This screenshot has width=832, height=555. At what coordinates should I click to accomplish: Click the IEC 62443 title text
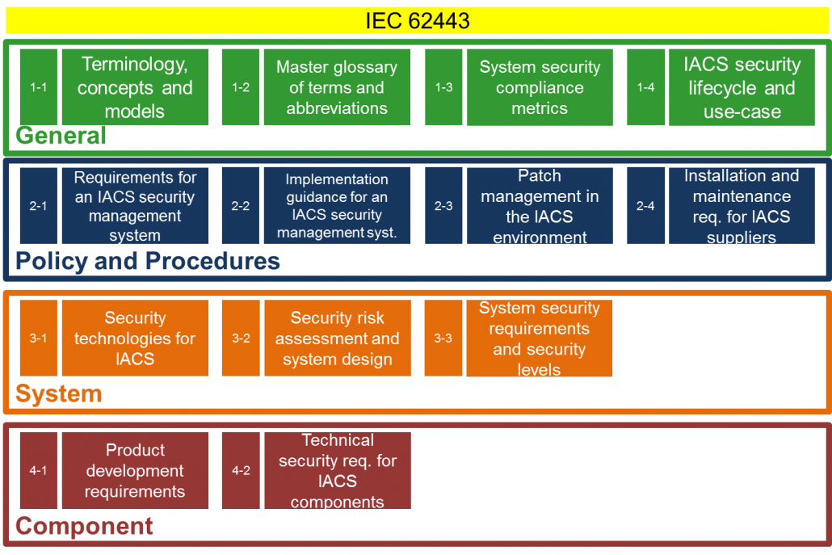pyautogui.click(x=418, y=21)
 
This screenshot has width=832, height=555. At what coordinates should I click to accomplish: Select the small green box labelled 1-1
pyautogui.click(x=39, y=87)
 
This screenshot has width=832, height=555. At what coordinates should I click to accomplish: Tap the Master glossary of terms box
pyautogui.click(x=337, y=87)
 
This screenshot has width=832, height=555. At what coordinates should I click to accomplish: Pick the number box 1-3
pyautogui.click(x=443, y=87)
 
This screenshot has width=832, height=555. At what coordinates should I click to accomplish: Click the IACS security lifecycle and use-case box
pyautogui.click(x=742, y=87)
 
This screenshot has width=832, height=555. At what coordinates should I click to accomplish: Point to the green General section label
pyautogui.click(x=61, y=136)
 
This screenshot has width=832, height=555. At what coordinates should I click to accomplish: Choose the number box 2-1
pyautogui.click(x=39, y=206)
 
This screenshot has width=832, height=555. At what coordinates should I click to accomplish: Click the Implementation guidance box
pyautogui.click(x=337, y=206)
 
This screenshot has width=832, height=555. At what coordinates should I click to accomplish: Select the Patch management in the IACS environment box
pyautogui.click(x=540, y=206)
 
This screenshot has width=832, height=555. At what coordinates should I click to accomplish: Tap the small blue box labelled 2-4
pyautogui.click(x=645, y=206)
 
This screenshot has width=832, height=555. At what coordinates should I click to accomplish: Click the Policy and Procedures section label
pyautogui.click(x=148, y=261)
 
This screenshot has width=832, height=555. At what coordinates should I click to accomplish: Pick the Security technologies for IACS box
pyautogui.click(x=136, y=338)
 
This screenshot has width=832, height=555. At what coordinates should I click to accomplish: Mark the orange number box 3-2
pyautogui.click(x=241, y=338)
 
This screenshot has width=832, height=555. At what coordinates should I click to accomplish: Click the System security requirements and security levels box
pyautogui.click(x=539, y=338)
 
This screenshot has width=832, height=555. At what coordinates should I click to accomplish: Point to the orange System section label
pyautogui.click(x=58, y=393)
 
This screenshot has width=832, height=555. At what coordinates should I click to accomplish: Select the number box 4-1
pyautogui.click(x=39, y=471)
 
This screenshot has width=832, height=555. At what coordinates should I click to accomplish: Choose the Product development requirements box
pyautogui.click(x=136, y=471)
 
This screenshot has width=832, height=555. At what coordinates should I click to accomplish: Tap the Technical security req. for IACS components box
pyautogui.click(x=338, y=471)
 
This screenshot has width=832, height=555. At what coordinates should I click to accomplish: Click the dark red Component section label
pyautogui.click(x=84, y=526)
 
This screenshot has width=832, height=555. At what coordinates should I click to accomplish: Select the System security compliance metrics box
pyautogui.click(x=540, y=87)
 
